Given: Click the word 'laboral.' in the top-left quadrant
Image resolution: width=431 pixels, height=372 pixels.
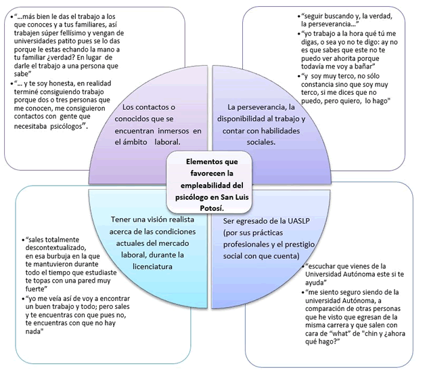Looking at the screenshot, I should (162, 142).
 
